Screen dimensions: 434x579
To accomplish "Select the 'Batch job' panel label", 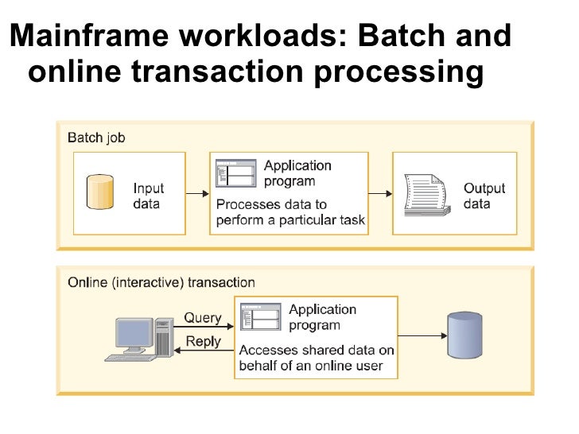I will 96,138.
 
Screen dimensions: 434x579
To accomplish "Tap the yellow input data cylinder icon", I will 100,192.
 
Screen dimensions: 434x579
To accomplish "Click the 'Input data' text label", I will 149,196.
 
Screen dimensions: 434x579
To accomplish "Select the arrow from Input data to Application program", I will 196,193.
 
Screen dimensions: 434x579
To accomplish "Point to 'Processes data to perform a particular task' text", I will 290,211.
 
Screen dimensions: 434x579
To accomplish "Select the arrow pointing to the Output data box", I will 380,193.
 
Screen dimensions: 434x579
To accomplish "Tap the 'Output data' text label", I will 484,196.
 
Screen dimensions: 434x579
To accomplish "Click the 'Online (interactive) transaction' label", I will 161,282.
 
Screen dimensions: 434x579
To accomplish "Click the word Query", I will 203,318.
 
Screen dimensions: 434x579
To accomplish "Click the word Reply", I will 203,342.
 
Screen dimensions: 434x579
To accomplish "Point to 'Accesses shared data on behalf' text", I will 317,358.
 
